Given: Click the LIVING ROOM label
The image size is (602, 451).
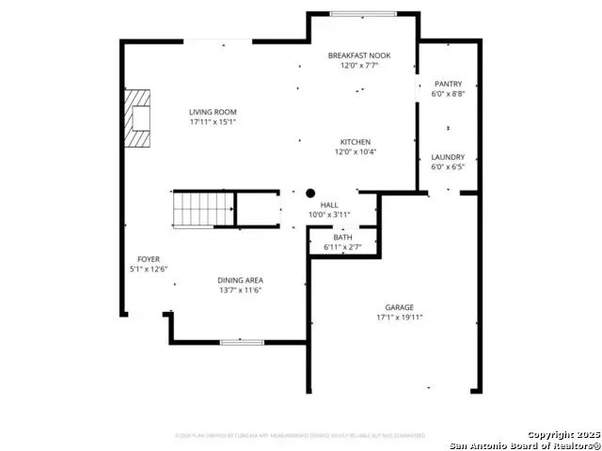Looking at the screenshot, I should point(212,112).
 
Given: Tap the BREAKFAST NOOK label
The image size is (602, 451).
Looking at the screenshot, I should point(358,55).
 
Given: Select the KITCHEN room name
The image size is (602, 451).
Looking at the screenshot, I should point(355,142).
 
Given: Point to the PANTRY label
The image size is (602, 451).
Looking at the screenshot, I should point(448,84).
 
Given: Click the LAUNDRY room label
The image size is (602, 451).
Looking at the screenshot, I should point(448,157).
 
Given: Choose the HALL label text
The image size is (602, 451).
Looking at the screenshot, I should point(329,205).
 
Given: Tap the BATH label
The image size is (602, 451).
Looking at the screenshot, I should point(342,238).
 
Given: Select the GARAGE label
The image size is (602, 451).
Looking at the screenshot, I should point(399,307).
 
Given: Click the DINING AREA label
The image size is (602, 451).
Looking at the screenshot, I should point(240,280).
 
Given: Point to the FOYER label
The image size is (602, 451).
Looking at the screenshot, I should point(149,259).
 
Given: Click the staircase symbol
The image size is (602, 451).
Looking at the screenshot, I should point(202,209).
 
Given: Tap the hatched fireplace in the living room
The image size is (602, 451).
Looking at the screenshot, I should point(139,117).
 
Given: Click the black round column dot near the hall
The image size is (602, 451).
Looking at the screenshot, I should point(309,193).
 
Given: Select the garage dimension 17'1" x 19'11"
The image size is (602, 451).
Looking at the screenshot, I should point(399,318).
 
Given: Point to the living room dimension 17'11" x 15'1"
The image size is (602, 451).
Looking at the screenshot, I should point(212,121).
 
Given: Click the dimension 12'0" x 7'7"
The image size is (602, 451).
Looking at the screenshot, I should point(358,66).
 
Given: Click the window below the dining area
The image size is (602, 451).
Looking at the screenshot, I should point(242,341).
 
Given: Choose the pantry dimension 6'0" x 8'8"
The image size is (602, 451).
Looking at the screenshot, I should point(448,93).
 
